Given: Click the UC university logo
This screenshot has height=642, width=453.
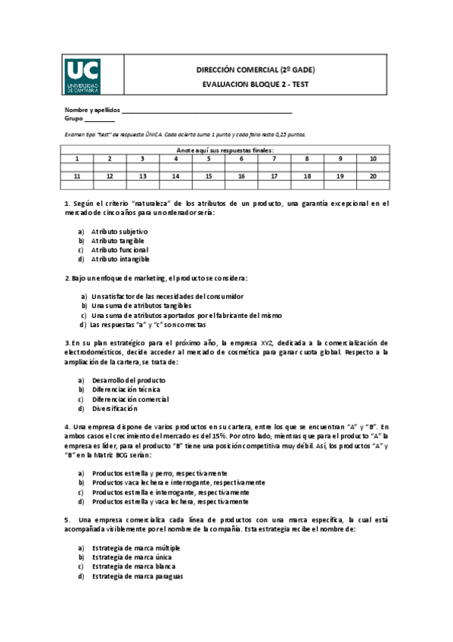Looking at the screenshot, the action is tap(82, 77).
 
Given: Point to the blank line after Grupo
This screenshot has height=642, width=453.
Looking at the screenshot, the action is tap(100, 119).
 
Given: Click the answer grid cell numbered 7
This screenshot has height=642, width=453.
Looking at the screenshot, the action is tap(274, 159).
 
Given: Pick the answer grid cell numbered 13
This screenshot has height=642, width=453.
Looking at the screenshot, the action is tap(142, 176).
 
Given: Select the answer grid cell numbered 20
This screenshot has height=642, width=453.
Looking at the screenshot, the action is tap(373, 176).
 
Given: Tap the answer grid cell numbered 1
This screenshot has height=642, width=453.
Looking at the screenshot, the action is tap(77, 159).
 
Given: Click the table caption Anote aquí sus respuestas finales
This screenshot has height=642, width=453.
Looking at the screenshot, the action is tap(225, 150).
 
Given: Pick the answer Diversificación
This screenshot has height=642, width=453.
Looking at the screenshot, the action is tap(115, 408).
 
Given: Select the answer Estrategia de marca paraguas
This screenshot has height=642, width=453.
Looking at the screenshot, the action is tap(137, 575).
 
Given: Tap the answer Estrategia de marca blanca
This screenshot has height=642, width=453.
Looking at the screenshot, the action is tap(135, 566).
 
